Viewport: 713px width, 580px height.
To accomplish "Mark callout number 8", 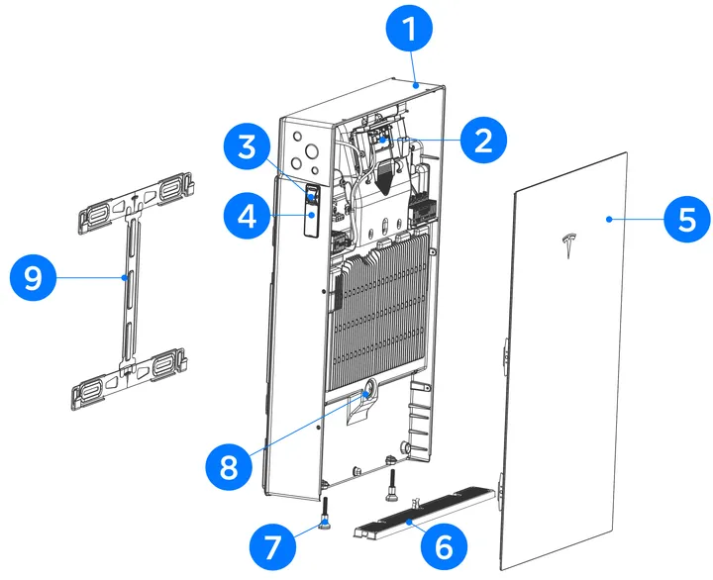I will coord(229,465).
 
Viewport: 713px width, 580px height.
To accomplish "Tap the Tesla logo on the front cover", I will coord(568,244).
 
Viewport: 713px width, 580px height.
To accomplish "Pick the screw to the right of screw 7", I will coord(392,484).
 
